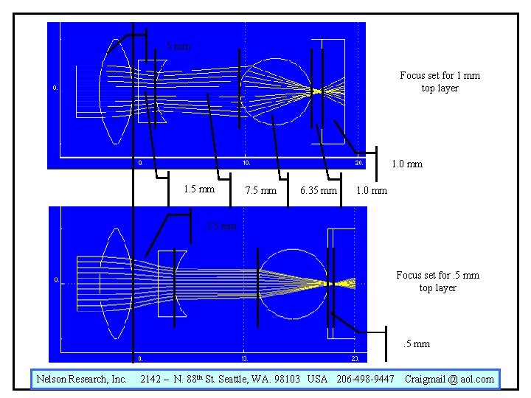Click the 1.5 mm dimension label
(x=199, y=190)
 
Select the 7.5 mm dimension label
(x=261, y=191)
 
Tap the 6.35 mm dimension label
(x=319, y=191)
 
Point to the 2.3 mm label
(x=221, y=226)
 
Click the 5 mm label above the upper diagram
(x=178, y=46)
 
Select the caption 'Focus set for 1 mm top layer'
(x=440, y=82)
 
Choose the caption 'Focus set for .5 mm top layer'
(x=437, y=282)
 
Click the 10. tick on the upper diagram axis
(x=246, y=163)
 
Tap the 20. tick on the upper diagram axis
(x=358, y=163)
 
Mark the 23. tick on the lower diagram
(x=355, y=359)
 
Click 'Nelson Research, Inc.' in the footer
(x=81, y=379)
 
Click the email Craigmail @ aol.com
(x=449, y=379)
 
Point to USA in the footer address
(x=318, y=379)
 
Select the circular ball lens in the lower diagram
(x=288, y=282)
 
